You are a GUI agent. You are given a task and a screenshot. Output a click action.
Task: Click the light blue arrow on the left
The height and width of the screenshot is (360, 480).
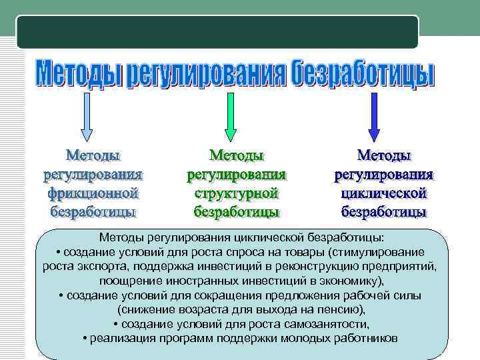point(87,117)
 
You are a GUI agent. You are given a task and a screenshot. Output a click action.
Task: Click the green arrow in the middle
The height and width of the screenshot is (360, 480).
point(230,117)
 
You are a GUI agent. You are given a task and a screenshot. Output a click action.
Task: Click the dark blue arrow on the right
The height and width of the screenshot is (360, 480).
point(374,117)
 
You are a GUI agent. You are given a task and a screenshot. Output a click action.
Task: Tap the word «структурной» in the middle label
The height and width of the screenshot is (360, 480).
point(236,194)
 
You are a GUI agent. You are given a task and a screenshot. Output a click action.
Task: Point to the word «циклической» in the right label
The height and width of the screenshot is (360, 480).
point(383,194)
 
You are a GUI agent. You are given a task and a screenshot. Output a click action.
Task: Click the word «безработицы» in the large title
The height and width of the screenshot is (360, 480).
point(363,75)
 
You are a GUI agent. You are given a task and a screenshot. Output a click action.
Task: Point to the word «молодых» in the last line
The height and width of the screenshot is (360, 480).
point(307,338)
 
